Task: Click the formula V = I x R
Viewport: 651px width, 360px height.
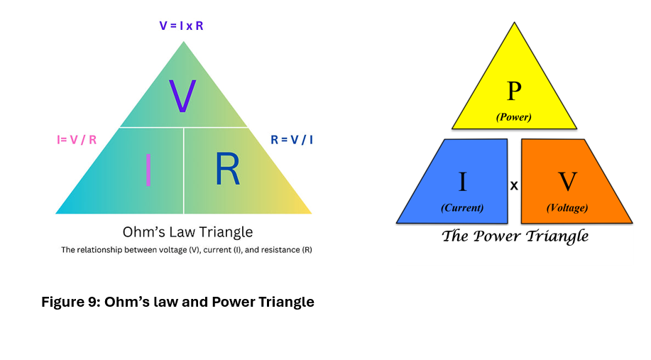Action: point(182,26)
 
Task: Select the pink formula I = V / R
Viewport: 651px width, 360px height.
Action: point(77,140)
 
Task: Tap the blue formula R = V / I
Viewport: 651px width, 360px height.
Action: point(292,140)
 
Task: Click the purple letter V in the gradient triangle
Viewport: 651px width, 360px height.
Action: point(182,96)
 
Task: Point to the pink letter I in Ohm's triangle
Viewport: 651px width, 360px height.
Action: point(148,170)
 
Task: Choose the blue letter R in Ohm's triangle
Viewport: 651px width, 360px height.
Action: point(227,168)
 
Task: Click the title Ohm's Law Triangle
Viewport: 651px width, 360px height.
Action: point(187,231)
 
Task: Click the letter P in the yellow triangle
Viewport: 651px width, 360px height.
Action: point(514,91)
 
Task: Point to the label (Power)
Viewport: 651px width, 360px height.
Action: point(513,117)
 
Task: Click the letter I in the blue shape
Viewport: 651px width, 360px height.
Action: point(462,182)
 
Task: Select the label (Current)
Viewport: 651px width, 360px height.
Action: point(462,207)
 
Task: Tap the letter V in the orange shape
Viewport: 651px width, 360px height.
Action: point(567,182)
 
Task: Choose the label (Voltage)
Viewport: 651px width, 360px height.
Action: point(567,207)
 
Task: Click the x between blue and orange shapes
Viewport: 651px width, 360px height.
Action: point(514,185)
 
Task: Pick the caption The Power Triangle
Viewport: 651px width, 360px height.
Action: point(515,236)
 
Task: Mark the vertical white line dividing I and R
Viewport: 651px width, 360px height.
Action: point(183,170)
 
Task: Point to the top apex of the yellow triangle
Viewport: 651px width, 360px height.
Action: point(515,23)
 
